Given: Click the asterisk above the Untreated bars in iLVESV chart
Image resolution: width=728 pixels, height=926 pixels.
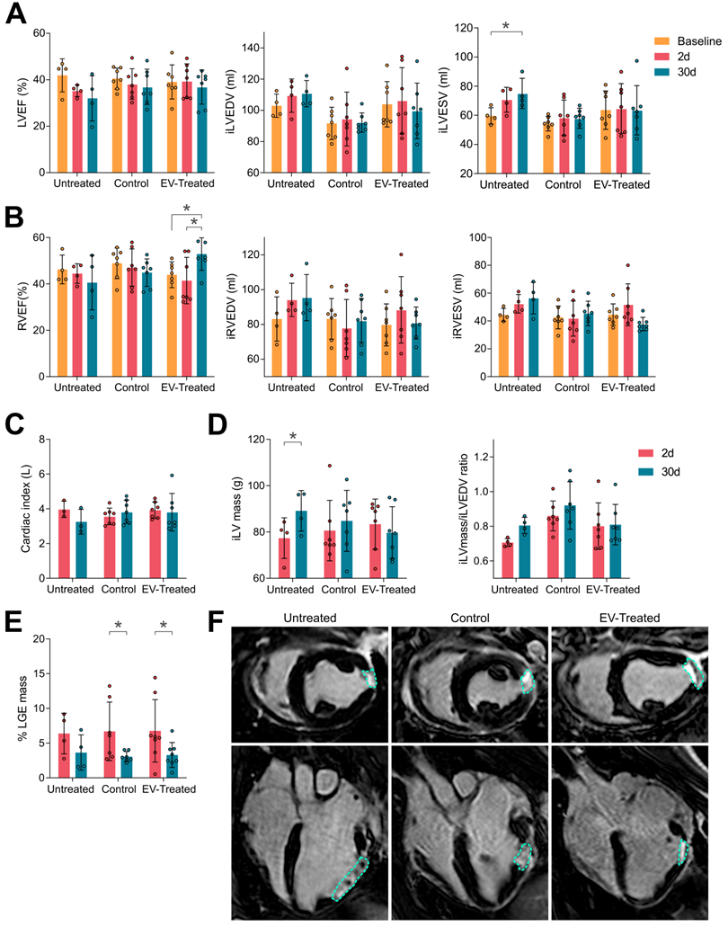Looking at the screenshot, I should [x=506, y=26].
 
